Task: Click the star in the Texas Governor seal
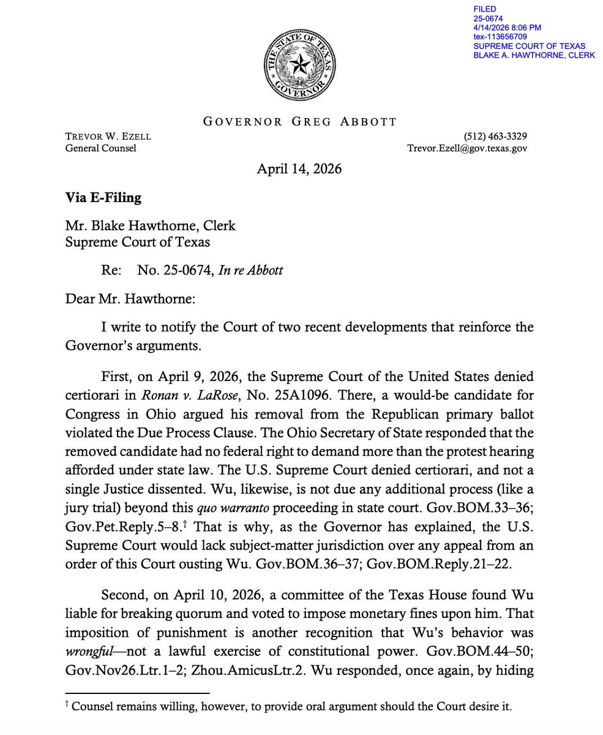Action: coord(300,64)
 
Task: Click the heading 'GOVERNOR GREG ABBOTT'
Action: coord(300,121)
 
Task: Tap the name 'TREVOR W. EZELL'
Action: coord(108,136)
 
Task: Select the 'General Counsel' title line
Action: coord(100,148)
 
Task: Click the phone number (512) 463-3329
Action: coord(496,136)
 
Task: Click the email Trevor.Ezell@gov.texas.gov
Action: coord(467,148)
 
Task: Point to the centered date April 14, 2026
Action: coord(299,168)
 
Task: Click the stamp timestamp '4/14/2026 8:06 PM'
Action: coord(507,28)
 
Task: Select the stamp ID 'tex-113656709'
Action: coord(500,37)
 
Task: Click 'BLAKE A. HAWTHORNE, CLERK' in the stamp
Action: coord(534,56)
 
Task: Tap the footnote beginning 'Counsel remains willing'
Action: coord(291,706)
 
